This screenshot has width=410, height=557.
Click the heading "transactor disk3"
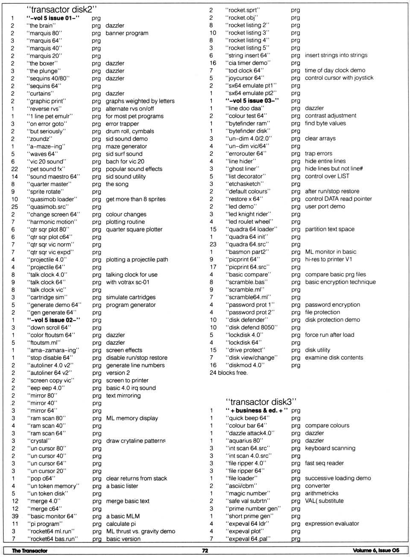pos(261,402)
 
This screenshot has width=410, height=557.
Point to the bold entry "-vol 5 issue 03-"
pos(252,101)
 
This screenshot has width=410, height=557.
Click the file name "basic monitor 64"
pos(52,516)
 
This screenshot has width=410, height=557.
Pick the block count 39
pos(15,516)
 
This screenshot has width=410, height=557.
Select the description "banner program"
pos(127,33)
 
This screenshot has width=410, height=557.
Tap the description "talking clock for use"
pos(132,275)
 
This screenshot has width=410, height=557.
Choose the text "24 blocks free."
pos(228,373)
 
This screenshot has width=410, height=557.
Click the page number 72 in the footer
pos(205,551)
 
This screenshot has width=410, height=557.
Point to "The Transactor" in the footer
pos(29,551)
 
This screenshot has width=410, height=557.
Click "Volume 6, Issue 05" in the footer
pos(376,551)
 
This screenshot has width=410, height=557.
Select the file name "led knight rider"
pos(249,214)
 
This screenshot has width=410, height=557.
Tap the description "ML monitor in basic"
pos(331,252)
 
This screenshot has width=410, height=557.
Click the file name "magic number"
pos(247,493)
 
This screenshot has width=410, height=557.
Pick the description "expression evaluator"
pos(332,524)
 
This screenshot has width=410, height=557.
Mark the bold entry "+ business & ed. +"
pos(257,411)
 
